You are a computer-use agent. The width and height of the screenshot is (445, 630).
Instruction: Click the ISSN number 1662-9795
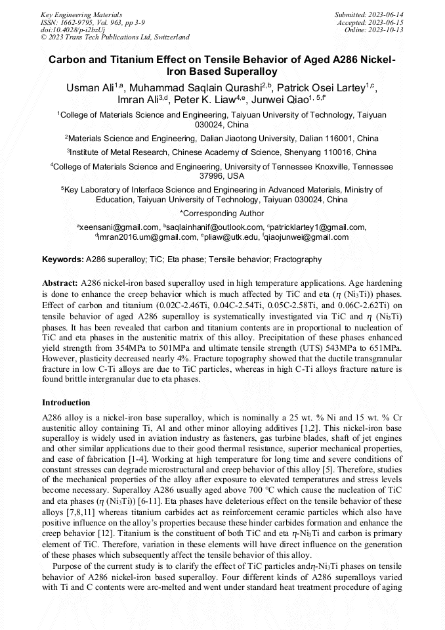(76, 22)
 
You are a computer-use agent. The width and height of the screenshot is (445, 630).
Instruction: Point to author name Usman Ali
(90, 87)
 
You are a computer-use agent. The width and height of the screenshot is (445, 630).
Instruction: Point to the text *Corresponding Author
(222, 214)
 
